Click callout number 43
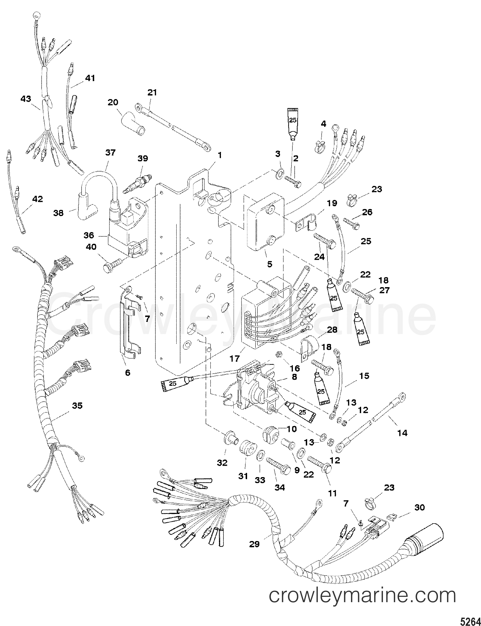(x=26, y=99)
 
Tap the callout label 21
(x=152, y=93)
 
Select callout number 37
(x=110, y=153)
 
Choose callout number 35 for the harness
(x=77, y=406)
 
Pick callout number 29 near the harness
(x=254, y=544)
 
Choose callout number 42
(x=37, y=199)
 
